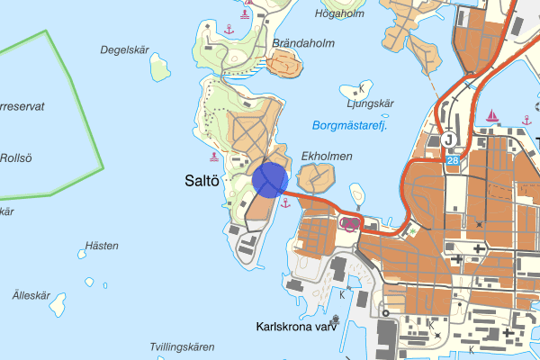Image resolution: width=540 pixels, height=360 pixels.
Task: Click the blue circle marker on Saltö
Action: (269, 178)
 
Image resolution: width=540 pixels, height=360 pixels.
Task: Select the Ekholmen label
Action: (327, 157)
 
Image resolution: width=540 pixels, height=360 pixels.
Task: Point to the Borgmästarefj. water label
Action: (350, 126)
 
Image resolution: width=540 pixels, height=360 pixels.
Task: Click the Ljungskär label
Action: (371, 103)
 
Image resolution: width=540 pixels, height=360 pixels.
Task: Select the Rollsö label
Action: (15, 158)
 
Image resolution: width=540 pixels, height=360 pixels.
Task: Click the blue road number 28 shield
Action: (452, 159)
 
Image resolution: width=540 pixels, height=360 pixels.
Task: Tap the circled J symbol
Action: (449, 139)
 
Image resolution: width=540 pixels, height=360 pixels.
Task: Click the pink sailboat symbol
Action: (492, 117)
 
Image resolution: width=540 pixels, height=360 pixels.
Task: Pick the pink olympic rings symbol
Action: (351, 223)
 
